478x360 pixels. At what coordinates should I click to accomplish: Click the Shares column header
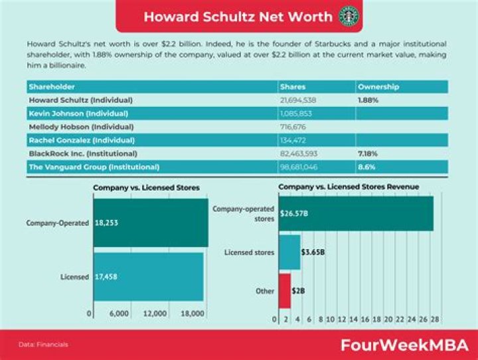[293, 87]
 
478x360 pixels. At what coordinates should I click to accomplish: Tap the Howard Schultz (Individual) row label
[81, 100]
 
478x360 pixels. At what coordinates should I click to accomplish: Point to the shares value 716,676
[295, 126]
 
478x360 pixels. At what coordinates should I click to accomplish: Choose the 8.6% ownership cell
[366, 167]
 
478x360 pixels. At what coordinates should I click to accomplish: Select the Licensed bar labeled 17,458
[148, 276]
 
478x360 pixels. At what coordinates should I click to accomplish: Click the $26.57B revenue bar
[356, 214]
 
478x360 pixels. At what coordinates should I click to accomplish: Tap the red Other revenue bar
[284, 291]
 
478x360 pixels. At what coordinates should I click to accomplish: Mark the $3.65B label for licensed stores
[313, 252]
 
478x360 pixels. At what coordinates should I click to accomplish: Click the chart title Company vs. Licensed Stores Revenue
[349, 187]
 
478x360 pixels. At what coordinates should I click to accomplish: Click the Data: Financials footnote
[43, 345]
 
